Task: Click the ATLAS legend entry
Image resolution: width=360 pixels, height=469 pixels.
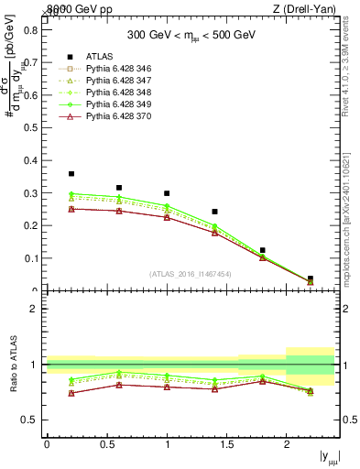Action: [99, 56]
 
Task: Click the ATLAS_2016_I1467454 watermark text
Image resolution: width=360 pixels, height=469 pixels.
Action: [190, 274]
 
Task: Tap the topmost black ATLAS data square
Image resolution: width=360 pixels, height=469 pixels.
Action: [71, 173]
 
